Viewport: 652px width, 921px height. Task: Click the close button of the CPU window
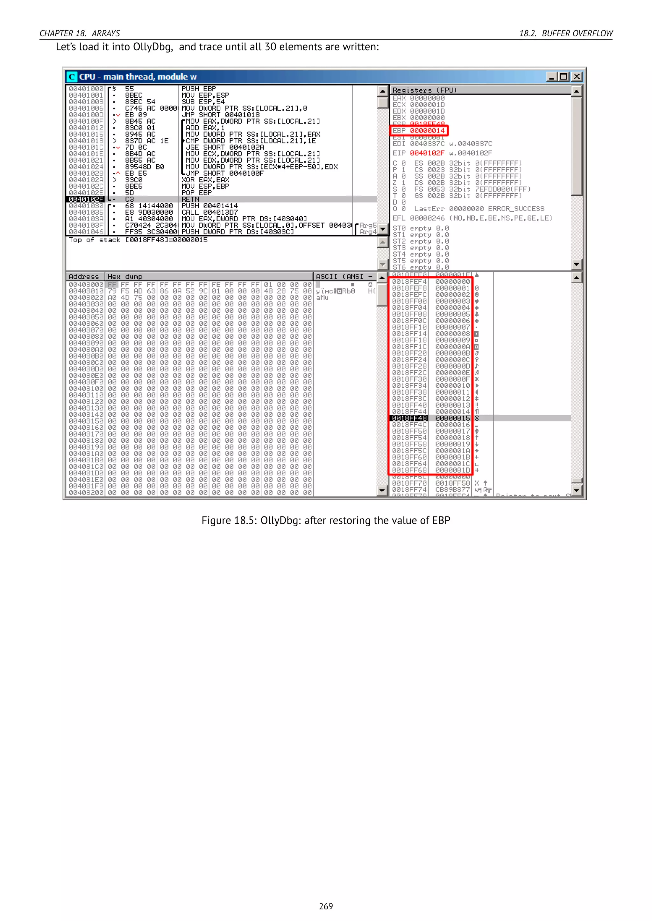point(577,76)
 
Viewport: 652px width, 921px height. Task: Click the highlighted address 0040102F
point(86,199)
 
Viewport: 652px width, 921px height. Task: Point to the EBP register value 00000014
point(427,131)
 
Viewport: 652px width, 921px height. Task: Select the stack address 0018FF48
point(409,418)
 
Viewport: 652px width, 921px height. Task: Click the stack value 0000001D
point(452,470)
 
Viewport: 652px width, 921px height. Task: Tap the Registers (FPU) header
point(424,90)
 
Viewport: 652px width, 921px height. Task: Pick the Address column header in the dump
point(83,276)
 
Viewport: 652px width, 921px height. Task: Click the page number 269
point(326,906)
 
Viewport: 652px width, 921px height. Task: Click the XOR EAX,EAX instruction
point(205,180)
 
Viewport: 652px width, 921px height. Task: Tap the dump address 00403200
point(86,493)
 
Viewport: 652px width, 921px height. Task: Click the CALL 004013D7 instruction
point(209,212)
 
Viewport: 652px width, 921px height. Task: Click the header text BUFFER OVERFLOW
point(577,33)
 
